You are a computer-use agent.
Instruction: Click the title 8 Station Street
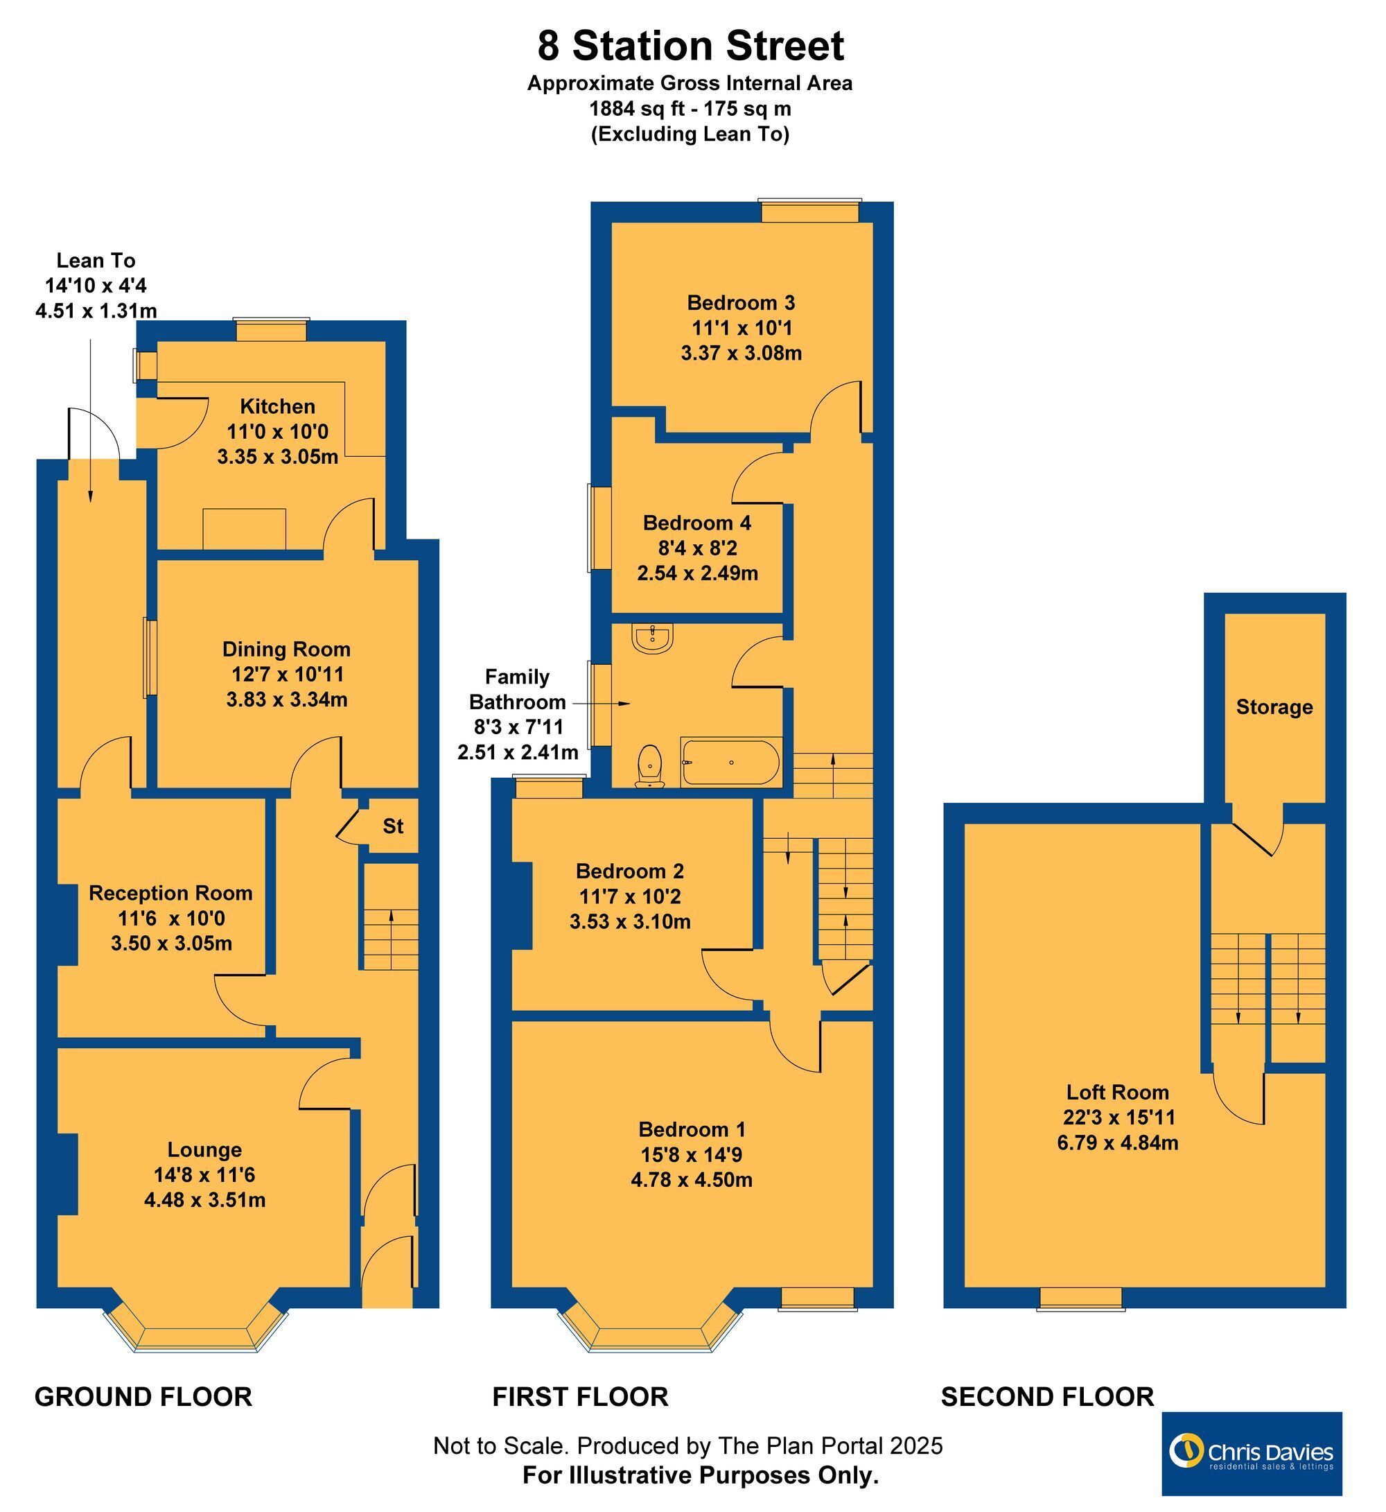pos(690,46)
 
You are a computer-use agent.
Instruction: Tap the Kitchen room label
pos(277,407)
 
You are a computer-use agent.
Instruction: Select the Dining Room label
pos(286,649)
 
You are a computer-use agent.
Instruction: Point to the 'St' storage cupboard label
pos(393,826)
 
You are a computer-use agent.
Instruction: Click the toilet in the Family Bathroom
pos(649,766)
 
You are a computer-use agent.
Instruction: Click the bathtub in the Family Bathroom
pos(730,763)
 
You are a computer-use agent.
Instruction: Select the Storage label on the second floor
pos(1274,707)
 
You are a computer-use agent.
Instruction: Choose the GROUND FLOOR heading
pos(143,1397)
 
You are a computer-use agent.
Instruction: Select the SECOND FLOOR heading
pos(1048,1397)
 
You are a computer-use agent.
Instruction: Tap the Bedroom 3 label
pos(741,303)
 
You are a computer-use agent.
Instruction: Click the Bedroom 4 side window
pos(599,528)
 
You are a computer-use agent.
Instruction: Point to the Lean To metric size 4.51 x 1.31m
pos(96,311)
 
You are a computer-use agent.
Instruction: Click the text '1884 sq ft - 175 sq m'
pos(690,109)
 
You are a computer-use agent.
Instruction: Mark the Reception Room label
pos(170,893)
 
